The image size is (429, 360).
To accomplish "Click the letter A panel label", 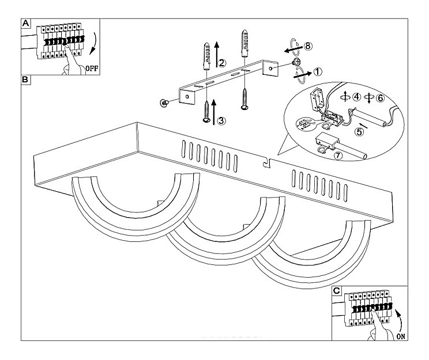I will pyautogui.click(x=25, y=24).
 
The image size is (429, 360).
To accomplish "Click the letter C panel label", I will pyautogui.click(x=337, y=291).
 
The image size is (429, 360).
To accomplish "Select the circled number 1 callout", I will pyautogui.click(x=318, y=72).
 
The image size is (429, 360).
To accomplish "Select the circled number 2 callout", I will pyautogui.click(x=222, y=62).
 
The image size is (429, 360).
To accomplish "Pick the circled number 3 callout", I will pyautogui.click(x=222, y=120).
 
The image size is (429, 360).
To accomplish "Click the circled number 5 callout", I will pyautogui.click(x=359, y=131).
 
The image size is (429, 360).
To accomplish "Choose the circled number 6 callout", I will pyautogui.click(x=380, y=97).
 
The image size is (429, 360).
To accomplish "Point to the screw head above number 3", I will pyautogui.click(x=206, y=119).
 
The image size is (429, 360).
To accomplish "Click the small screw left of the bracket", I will pyautogui.click(x=164, y=102).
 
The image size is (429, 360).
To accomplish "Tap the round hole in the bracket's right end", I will pyautogui.click(x=270, y=68).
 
